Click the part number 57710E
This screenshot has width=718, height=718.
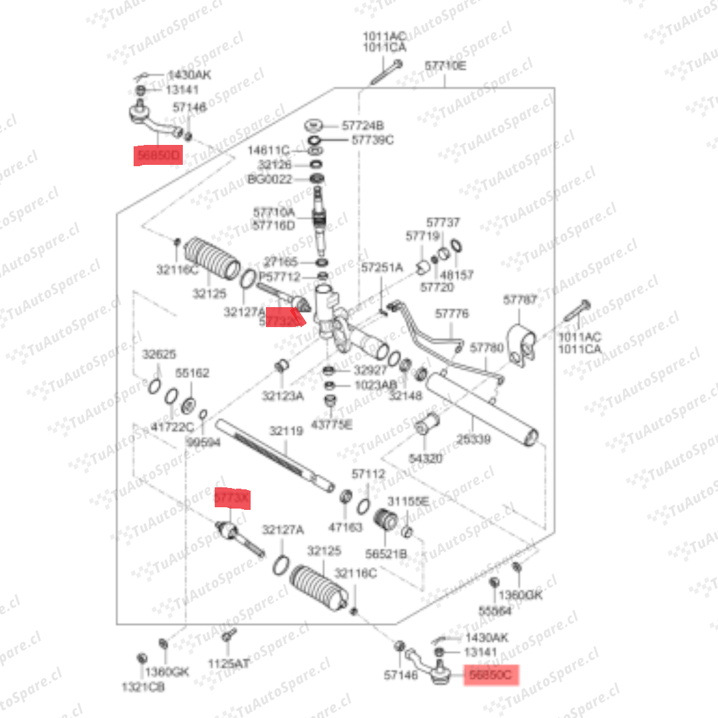(445, 66)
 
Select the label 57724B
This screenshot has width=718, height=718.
(363, 125)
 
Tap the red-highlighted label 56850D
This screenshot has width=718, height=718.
(158, 156)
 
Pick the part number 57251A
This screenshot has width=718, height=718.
(382, 267)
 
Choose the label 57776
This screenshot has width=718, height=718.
(451, 313)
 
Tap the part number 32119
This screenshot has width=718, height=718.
(286, 431)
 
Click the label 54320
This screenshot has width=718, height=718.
(425, 458)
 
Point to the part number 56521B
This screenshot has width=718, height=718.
(386, 554)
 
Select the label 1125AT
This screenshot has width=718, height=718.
(229, 663)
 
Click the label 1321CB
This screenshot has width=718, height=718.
(142, 687)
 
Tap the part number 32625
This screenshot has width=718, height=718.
(158, 354)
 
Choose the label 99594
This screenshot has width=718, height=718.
(203, 441)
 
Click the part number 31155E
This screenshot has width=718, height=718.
(409, 501)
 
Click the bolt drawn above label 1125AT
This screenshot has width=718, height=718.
(229, 637)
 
